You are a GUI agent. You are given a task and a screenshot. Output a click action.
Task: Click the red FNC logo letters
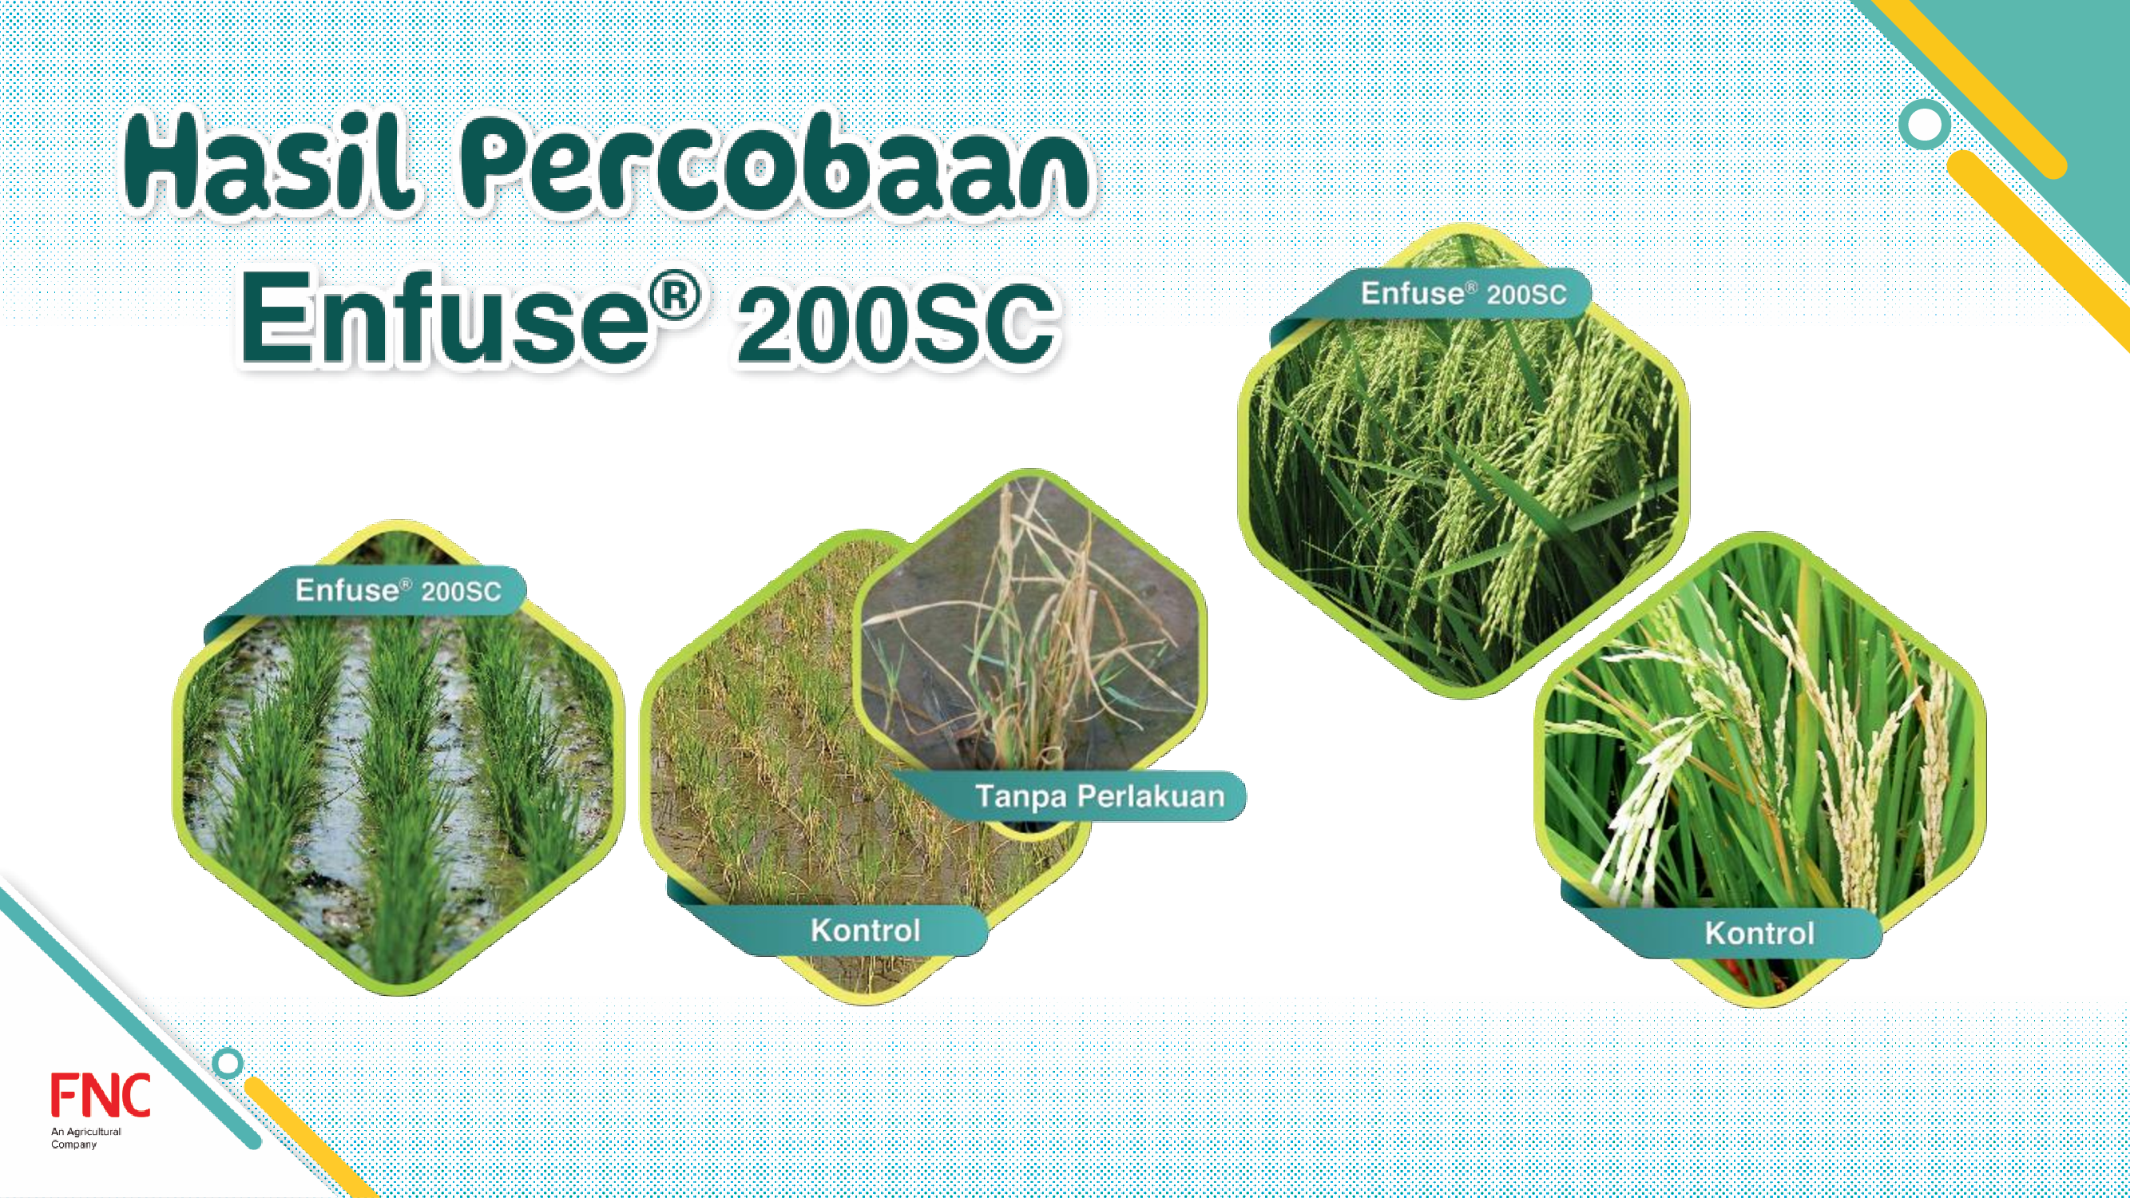(x=100, y=1095)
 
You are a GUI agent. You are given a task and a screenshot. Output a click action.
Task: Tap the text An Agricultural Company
(x=86, y=1137)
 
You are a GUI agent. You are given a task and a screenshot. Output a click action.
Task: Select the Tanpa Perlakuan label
(x=1100, y=796)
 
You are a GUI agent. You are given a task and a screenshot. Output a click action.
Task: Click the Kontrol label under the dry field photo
(x=865, y=930)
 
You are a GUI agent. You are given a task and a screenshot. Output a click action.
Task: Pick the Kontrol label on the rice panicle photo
(x=1759, y=934)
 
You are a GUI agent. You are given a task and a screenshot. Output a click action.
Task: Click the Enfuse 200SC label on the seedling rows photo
(x=398, y=590)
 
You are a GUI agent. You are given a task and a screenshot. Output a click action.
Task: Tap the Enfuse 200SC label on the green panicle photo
(x=1464, y=293)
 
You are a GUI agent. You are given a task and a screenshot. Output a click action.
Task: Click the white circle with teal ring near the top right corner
(x=1925, y=125)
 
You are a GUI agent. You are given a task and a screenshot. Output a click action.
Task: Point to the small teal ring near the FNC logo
(x=228, y=1063)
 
